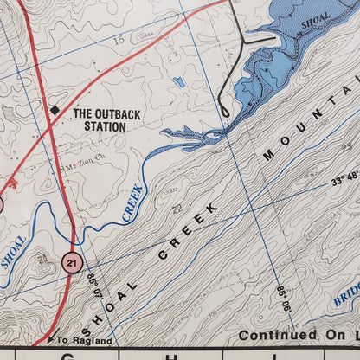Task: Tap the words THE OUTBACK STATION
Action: [x=99, y=120]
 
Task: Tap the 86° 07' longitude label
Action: [x=91, y=284]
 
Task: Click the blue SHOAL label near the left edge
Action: [x=13, y=252]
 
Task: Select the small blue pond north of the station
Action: [x=179, y=82]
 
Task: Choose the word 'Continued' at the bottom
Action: [x=275, y=335]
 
